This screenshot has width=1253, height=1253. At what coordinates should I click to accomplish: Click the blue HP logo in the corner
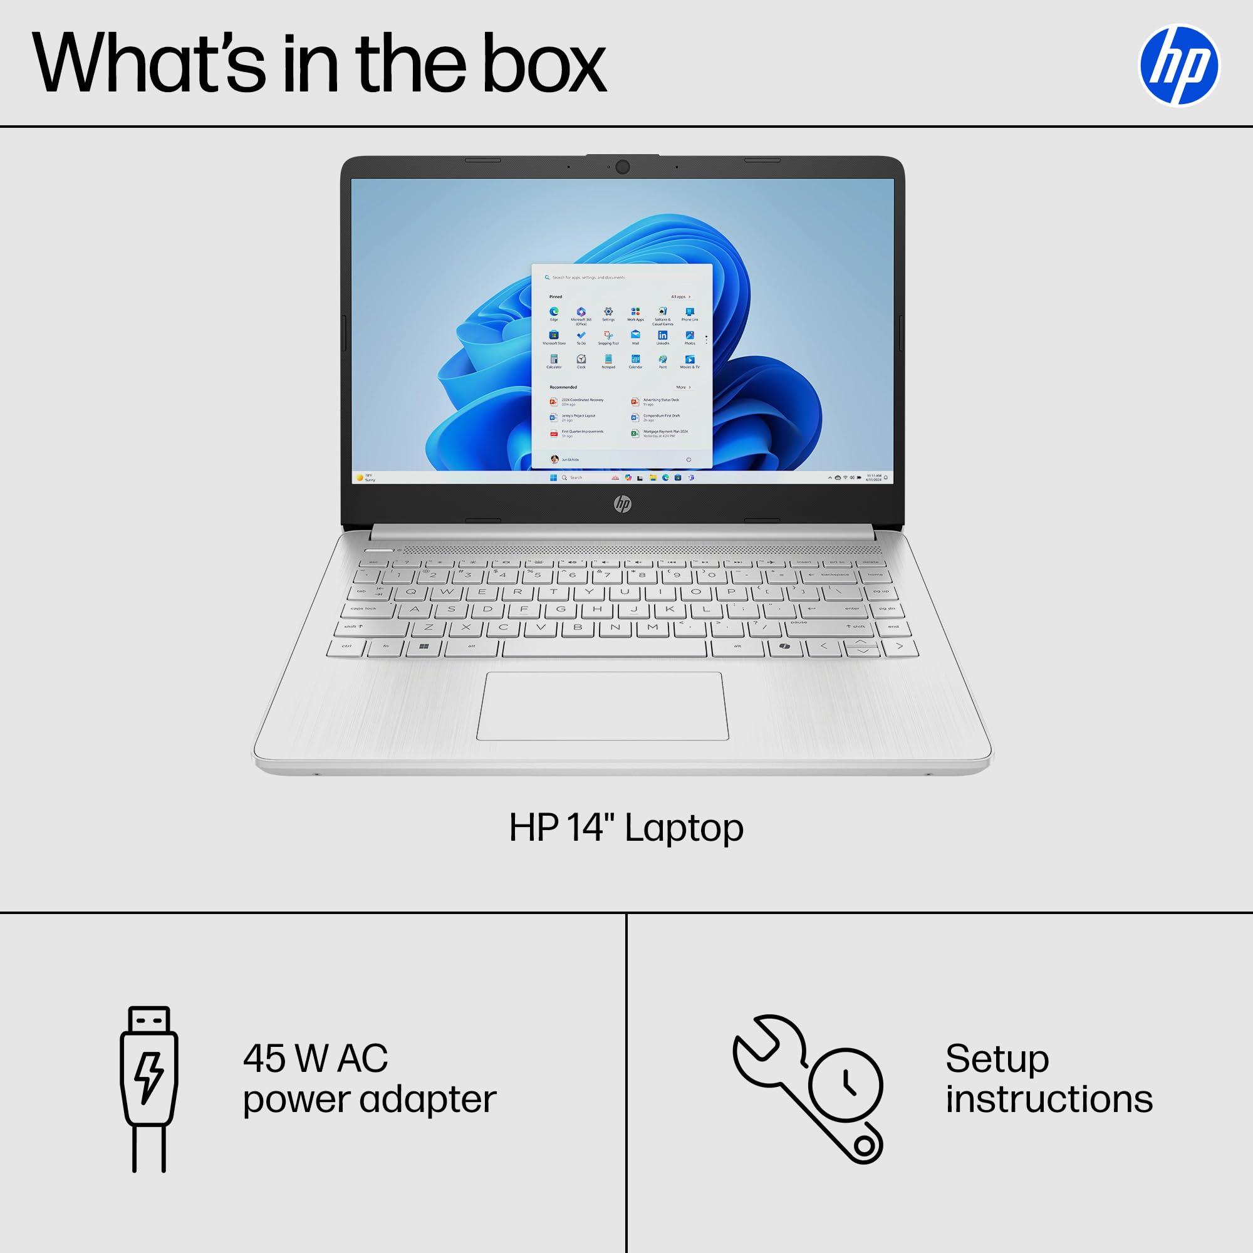1178,66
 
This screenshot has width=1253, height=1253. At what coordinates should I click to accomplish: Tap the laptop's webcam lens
623,167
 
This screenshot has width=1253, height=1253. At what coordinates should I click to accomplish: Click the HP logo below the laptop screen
623,503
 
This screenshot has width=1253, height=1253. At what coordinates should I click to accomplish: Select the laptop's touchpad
603,706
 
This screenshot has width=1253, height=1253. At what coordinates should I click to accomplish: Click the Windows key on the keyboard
424,647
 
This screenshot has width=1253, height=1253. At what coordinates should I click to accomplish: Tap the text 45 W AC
315,1059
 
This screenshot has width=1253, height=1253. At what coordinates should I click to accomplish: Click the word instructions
1049,1100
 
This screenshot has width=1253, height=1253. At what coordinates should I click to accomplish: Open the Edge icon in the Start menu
554,312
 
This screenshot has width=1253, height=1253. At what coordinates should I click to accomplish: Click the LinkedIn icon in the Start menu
662,335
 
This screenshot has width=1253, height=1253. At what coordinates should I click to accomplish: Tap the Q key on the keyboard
411,591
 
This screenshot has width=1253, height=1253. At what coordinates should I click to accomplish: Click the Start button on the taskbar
553,478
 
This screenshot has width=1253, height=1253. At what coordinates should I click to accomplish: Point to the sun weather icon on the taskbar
360,478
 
